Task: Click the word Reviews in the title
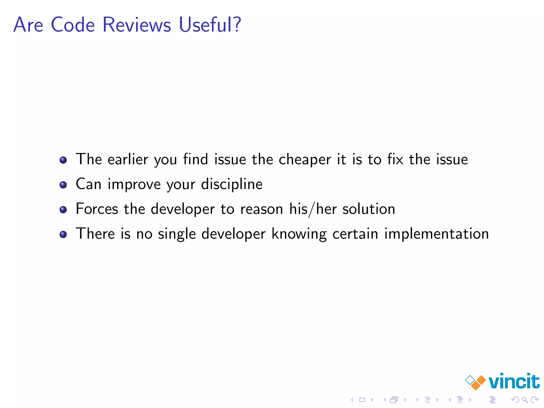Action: tap(137, 25)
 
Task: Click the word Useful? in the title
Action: tap(210, 25)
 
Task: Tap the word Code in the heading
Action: tap(73, 25)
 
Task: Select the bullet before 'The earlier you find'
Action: tap(63, 160)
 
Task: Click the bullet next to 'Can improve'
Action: tap(63, 185)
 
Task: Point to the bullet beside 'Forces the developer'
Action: tap(63, 210)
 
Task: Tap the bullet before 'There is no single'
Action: tap(63, 234)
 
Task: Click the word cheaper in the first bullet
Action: tap(305, 160)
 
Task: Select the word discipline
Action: tap(232, 184)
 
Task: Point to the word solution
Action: tap(369, 209)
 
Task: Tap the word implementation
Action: tap(436, 234)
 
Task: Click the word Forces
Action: tap(97, 209)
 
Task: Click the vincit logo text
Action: tap(514, 381)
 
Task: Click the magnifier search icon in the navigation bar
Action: tap(525, 399)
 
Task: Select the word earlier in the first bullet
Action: tap(128, 160)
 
